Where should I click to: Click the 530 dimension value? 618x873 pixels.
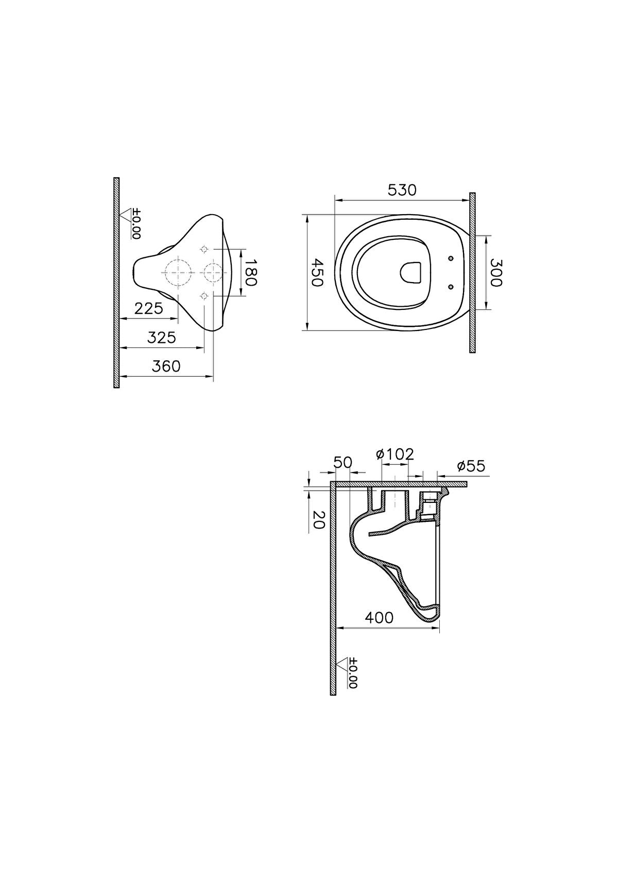[402, 190]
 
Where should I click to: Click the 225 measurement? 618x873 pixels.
[148, 308]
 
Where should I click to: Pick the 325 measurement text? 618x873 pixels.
[161, 338]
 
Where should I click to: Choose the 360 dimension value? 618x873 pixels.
[166, 366]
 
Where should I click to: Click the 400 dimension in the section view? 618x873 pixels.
[379, 617]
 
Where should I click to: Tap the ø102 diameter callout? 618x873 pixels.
[395, 454]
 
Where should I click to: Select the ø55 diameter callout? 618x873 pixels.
[471, 466]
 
